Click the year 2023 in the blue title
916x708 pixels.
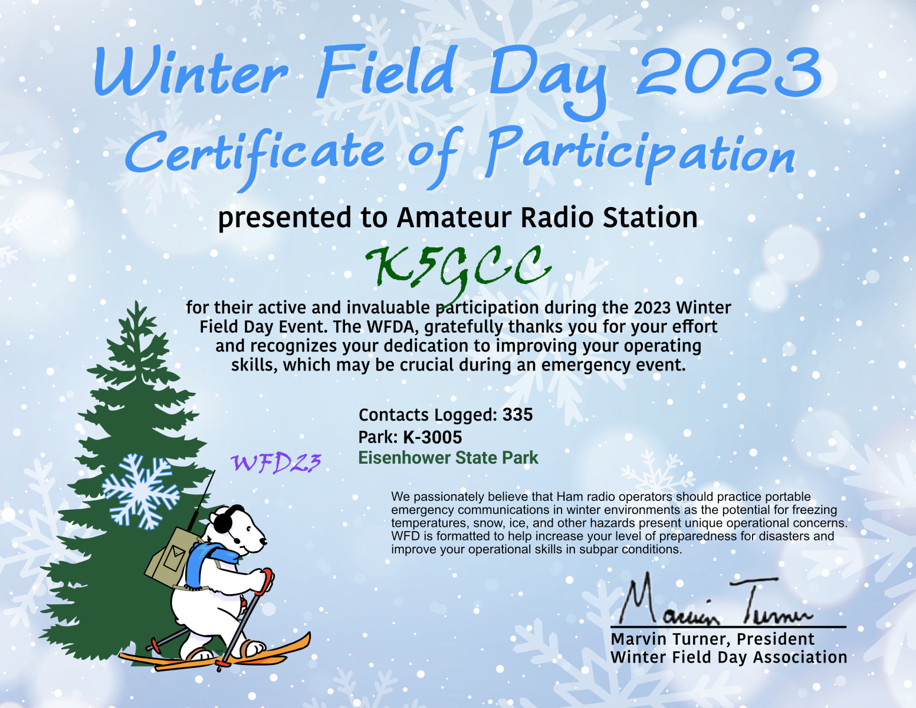(728, 73)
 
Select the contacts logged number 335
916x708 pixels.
(517, 415)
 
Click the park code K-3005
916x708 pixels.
(432, 437)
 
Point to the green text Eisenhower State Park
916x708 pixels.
(448, 458)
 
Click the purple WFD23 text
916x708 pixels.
(276, 463)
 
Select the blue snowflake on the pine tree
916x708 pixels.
(141, 491)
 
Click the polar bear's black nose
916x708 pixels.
(263, 541)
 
